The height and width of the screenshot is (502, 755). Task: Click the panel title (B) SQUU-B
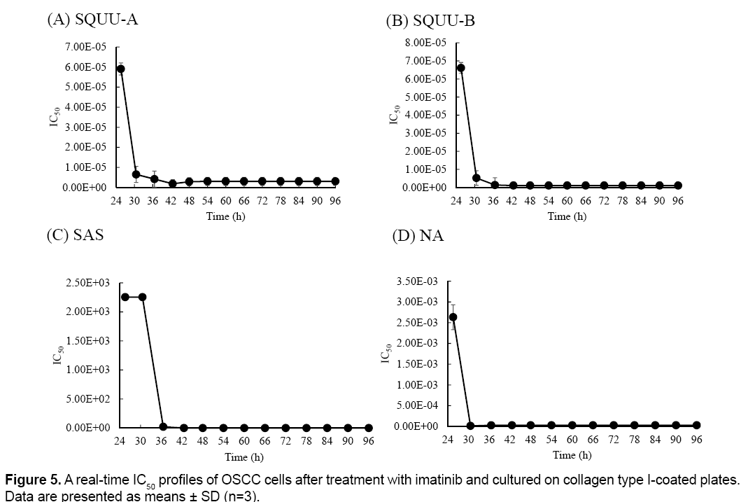click(430, 21)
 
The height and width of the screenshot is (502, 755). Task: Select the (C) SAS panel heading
click(76, 235)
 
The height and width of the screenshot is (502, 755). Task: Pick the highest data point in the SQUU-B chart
click(460, 68)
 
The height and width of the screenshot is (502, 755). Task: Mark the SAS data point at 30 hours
click(142, 297)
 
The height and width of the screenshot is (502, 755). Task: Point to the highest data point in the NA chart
click(453, 316)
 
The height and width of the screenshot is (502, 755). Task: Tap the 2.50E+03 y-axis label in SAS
click(84, 282)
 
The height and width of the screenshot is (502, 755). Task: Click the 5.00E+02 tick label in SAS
click(84, 398)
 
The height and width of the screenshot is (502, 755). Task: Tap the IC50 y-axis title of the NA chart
click(385, 355)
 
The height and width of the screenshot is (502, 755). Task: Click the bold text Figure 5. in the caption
click(33, 480)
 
